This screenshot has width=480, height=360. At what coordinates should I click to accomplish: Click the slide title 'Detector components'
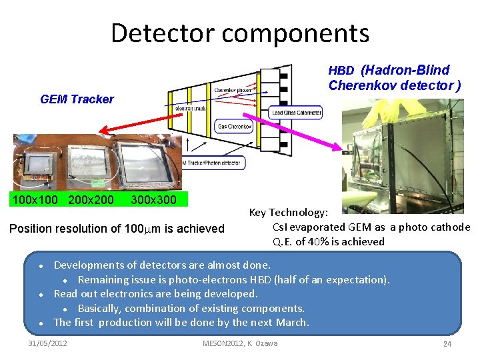(x=240, y=33)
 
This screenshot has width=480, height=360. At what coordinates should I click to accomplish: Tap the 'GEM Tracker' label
(x=77, y=99)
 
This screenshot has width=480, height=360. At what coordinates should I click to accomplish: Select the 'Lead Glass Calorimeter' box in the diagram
(x=297, y=113)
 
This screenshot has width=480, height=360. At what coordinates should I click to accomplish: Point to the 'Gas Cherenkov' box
(x=234, y=127)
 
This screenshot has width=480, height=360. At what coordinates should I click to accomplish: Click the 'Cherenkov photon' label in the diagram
(x=233, y=90)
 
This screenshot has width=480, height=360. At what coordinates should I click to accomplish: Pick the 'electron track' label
(x=190, y=108)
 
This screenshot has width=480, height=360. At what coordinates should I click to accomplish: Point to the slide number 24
(x=447, y=344)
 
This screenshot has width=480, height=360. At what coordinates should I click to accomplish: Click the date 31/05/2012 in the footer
(x=48, y=343)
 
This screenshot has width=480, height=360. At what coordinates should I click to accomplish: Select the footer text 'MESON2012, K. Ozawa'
(x=240, y=343)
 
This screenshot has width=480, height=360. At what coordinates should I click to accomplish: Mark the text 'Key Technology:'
(x=288, y=213)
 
